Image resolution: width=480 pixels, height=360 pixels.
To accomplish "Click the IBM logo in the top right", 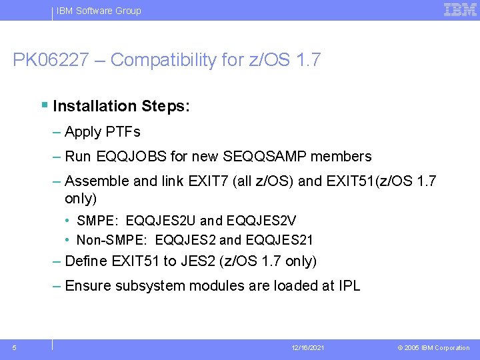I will (x=460, y=9).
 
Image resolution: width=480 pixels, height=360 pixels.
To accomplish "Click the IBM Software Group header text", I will (x=99, y=11).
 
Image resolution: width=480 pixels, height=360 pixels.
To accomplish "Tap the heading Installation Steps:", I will (x=121, y=106).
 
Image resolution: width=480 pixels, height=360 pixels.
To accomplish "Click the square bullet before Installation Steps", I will (x=44, y=105).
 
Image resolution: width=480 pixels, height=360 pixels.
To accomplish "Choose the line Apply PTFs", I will (x=103, y=132).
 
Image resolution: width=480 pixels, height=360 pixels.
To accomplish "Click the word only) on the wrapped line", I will (x=81, y=199).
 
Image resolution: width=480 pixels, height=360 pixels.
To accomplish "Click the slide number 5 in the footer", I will (x=15, y=347).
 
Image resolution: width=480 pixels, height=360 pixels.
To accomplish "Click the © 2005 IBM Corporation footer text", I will (x=433, y=348).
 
